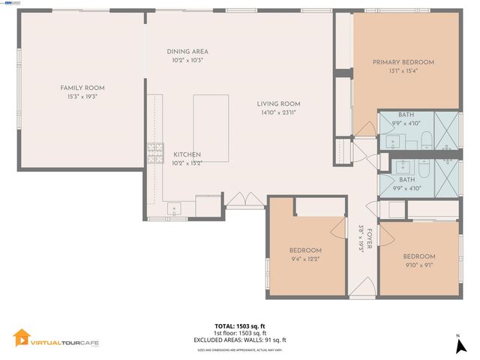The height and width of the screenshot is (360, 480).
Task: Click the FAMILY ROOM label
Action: pyautogui.click(x=82, y=88)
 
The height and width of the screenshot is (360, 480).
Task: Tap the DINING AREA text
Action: pyautogui.click(x=187, y=51)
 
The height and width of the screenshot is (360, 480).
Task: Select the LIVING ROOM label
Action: pyautogui.click(x=279, y=103)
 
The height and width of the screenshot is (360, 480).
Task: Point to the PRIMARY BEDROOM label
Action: pyautogui.click(x=403, y=62)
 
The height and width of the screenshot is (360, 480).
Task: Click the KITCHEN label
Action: pyautogui.click(x=187, y=154)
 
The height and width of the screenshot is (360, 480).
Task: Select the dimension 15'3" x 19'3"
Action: pyautogui.click(x=82, y=97)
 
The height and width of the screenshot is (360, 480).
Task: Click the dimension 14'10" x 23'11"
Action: pyautogui.click(x=279, y=112)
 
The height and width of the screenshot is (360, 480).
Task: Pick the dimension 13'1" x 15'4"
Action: pyautogui.click(x=403, y=71)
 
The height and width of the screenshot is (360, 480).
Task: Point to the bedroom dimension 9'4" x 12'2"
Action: pyautogui.click(x=305, y=259)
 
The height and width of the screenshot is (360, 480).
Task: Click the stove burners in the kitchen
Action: pyautogui.click(x=155, y=153)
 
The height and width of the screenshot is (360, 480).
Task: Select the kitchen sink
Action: pyautogui.click(x=175, y=209)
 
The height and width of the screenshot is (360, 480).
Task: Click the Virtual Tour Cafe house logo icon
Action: pyautogui.click(x=22, y=338)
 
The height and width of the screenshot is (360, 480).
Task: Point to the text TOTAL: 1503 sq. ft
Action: pyautogui.click(x=240, y=326)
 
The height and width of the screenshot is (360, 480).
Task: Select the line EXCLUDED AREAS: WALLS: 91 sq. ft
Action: pyautogui.click(x=240, y=340)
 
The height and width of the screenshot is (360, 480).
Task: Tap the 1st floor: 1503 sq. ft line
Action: pyautogui.click(x=240, y=333)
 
